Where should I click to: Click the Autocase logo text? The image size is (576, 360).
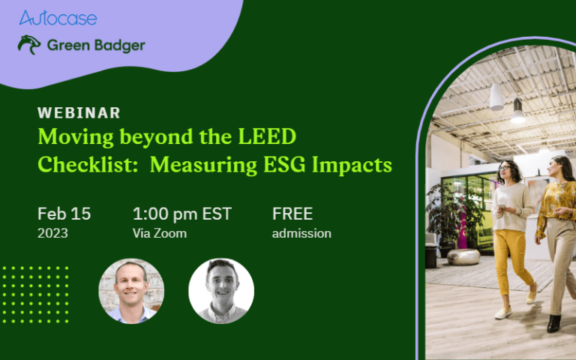point(58,18)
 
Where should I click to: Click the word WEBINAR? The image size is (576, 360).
point(79,113)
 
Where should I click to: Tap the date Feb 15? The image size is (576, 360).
point(64,214)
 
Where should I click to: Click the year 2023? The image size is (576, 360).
point(52,233)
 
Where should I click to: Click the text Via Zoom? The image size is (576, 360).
point(159,233)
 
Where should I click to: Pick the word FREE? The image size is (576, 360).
point(292,214)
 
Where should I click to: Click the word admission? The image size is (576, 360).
point(301,233)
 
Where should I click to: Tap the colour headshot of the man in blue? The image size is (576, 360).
point(131,291)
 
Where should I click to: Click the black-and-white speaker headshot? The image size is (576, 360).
point(221,291)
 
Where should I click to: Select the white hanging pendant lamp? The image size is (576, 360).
point(496,97)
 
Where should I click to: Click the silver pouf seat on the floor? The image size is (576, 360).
point(463,256)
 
